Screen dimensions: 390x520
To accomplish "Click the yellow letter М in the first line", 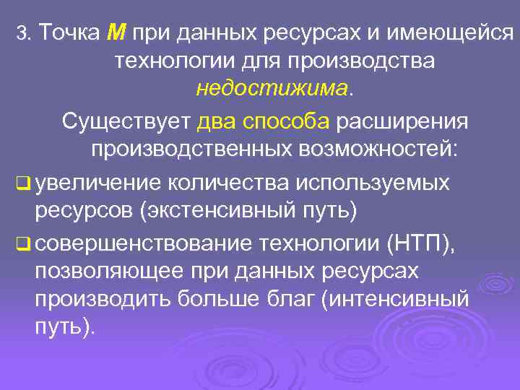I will (116, 32).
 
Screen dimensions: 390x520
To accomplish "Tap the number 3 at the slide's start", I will (22, 33).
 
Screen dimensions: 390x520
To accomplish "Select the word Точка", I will (69, 32).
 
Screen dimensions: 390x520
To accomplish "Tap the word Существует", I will (126, 121).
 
